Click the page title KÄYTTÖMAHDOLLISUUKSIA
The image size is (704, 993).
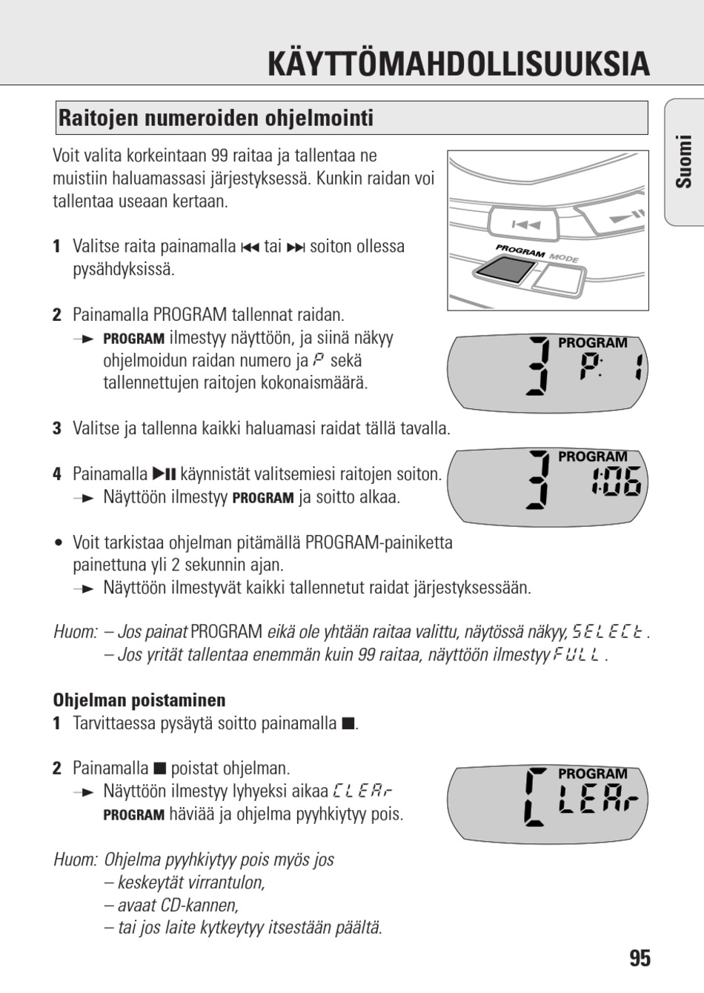point(459,64)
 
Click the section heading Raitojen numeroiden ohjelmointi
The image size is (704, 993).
point(216,118)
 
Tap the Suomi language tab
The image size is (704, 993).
point(683,162)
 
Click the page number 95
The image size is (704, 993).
point(640,958)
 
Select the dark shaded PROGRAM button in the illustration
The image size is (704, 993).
point(504,270)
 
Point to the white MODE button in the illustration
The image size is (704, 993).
point(559,280)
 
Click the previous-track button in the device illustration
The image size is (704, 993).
point(525,225)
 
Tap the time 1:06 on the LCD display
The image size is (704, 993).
point(617,481)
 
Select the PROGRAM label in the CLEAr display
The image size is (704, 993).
point(592,774)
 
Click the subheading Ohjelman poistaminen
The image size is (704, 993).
point(139,700)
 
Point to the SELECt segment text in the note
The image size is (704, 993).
point(608,631)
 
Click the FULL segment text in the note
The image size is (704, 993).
point(577,654)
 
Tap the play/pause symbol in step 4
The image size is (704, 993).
point(164,474)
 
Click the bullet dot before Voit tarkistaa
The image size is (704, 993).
point(57,543)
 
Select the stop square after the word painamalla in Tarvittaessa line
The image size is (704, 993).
point(348,724)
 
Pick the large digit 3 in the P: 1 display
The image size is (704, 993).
point(537,366)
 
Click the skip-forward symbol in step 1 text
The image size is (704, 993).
point(296,248)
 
